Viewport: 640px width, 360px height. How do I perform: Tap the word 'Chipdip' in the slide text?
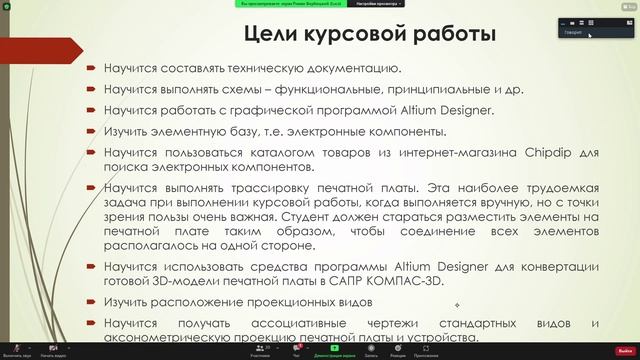coord(552,152)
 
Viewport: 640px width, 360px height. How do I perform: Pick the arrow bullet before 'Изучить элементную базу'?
coord(91,131)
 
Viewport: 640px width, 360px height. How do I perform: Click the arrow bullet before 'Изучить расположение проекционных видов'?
coord(91,302)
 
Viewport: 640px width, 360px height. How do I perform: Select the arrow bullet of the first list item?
coord(91,68)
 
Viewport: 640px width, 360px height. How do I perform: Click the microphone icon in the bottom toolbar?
coord(15,347)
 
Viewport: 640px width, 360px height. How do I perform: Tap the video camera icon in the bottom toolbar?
coord(53,347)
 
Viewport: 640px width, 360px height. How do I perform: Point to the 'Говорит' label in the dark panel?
coord(573,32)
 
